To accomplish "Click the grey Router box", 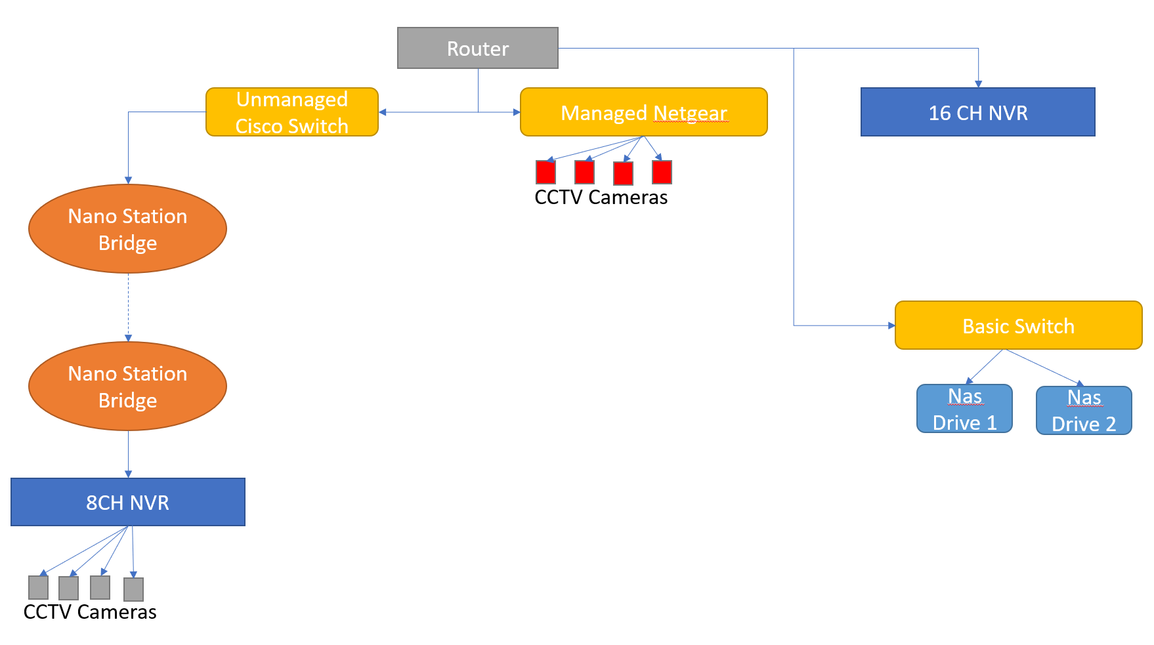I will [x=478, y=48].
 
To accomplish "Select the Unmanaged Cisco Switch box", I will [x=292, y=112].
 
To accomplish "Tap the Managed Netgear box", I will [x=643, y=112].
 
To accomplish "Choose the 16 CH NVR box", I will [x=977, y=112].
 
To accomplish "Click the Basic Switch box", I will [x=1018, y=325].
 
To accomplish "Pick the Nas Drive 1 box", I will [x=964, y=409].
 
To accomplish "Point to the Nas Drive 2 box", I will [x=1084, y=411].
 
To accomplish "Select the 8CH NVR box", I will [x=128, y=502].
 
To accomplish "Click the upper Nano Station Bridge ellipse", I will [x=128, y=229].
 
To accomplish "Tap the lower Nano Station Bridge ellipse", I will [x=128, y=386].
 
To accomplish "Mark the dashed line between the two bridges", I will [x=128, y=305].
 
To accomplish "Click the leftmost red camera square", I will [x=545, y=172].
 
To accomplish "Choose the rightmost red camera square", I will [x=662, y=172].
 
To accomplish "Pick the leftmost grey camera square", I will [x=39, y=587].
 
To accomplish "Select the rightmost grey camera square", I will [x=133, y=589].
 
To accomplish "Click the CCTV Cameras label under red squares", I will [x=601, y=198].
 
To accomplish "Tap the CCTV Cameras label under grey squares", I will [x=90, y=612].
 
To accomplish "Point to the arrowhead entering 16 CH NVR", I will [x=978, y=84].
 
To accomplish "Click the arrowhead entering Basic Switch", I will [x=891, y=325].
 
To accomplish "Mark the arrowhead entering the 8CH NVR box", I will [x=128, y=474].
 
